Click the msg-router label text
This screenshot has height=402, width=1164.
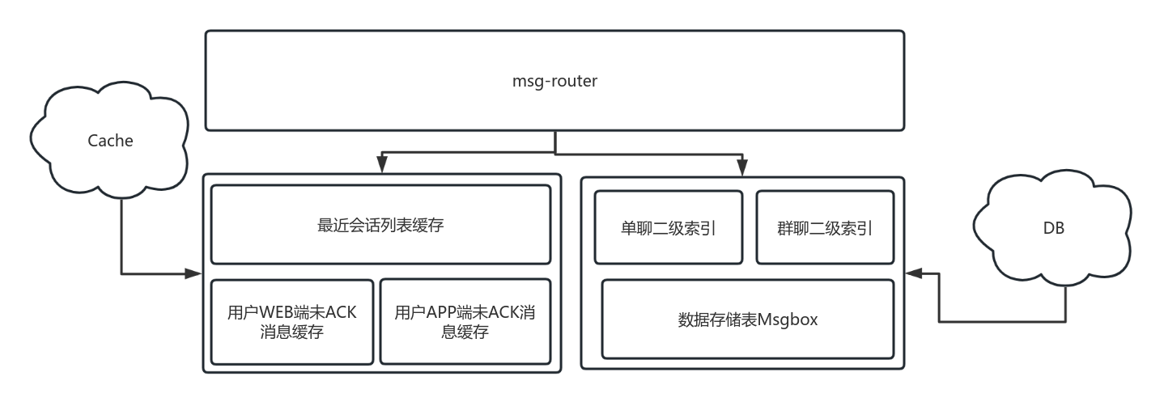(x=554, y=81)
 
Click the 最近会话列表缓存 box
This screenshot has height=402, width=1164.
(x=380, y=225)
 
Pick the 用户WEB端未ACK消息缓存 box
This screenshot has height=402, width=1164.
(x=292, y=322)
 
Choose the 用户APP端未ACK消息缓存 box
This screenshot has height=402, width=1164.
(x=465, y=322)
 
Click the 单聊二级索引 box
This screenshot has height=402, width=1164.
(x=668, y=227)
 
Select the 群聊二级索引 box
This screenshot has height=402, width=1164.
(x=825, y=227)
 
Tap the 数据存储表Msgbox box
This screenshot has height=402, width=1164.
(x=748, y=319)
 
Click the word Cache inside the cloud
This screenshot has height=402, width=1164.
(x=110, y=141)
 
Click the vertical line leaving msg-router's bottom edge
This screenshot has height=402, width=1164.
(x=554, y=141)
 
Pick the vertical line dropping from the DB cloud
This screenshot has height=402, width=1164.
(x=1064, y=306)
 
